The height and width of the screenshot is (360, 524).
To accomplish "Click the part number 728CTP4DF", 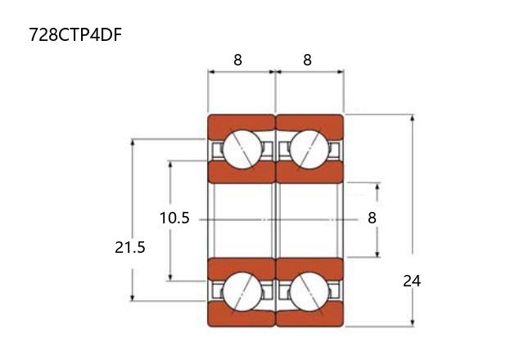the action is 75,34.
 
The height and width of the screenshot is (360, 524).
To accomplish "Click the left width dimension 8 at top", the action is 237,60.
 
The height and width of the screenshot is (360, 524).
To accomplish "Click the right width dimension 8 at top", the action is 307,60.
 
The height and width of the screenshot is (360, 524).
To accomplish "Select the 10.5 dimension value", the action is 174,218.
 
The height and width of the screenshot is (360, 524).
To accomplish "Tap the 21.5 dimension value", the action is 130,247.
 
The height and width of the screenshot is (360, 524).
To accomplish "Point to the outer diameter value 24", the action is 412,281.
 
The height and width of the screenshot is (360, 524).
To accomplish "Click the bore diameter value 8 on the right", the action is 372,218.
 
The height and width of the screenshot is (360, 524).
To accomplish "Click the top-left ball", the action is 242,149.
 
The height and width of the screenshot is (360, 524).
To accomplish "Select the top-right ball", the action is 309,149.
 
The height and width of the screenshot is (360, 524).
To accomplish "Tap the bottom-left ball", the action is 242,292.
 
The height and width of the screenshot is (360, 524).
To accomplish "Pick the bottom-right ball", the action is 309,292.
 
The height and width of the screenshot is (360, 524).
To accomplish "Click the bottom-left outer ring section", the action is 241,317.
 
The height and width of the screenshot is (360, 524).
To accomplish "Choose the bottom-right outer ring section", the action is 310,317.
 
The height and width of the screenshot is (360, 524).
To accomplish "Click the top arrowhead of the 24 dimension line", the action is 413,118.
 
